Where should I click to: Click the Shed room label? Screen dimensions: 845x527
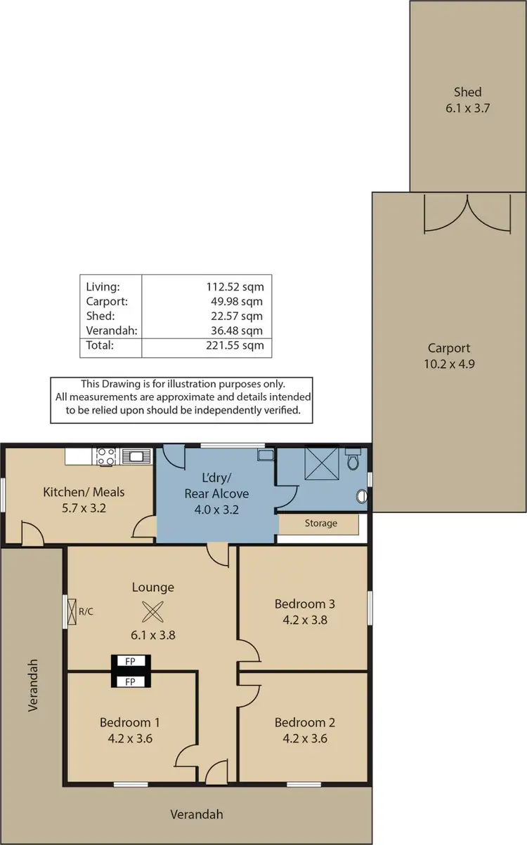pyautogui.click(x=467, y=92)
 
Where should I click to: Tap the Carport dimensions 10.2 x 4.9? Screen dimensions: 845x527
pyautogui.click(x=449, y=364)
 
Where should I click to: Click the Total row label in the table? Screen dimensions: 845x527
pyautogui.click(x=99, y=345)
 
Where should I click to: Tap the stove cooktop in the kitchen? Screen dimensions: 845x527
pyautogui.click(x=106, y=456)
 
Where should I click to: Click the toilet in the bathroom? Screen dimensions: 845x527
pyautogui.click(x=353, y=459)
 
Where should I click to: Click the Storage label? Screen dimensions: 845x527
pyautogui.click(x=320, y=524)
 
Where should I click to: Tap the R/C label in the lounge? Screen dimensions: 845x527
pyautogui.click(x=86, y=611)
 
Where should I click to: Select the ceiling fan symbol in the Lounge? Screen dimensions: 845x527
pyautogui.click(x=152, y=612)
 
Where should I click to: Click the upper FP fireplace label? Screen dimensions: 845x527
pyautogui.click(x=129, y=661)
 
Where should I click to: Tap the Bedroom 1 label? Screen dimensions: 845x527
pyautogui.click(x=126, y=723)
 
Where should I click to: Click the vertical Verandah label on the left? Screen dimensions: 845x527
pyautogui.click(x=32, y=685)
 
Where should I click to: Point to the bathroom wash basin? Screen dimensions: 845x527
pyautogui.click(x=361, y=497)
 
